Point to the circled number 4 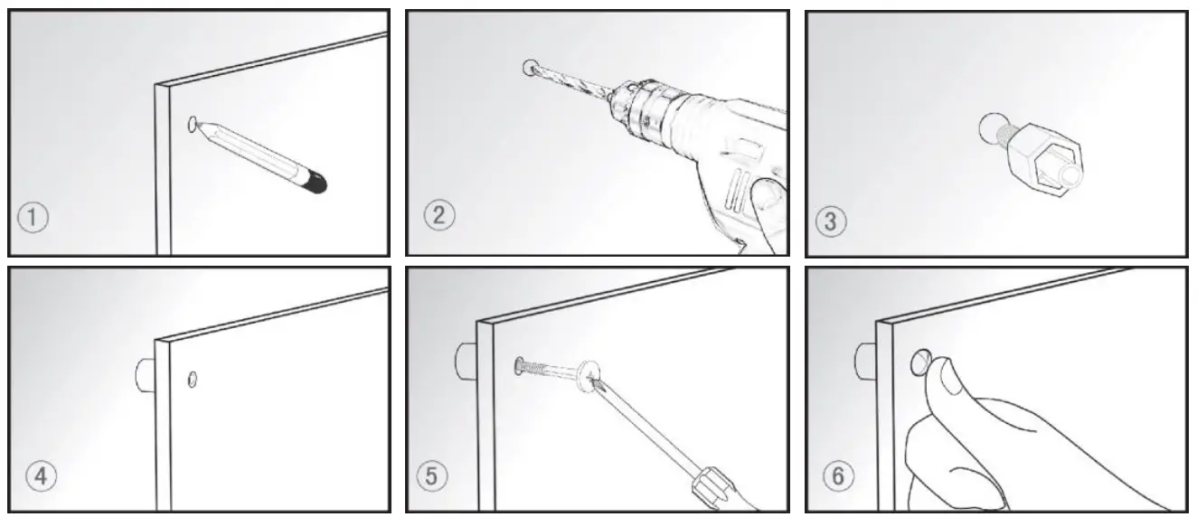click(x=36, y=475)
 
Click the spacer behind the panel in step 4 click(x=145, y=373)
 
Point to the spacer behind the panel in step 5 click(x=467, y=359)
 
